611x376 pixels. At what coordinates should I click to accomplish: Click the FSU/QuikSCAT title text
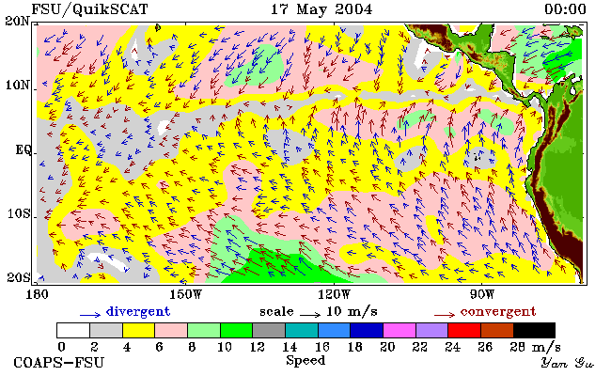click(89, 9)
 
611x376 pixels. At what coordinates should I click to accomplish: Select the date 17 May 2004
click(321, 9)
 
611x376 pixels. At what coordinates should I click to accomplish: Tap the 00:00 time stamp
click(565, 9)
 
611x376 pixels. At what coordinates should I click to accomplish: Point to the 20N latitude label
click(17, 21)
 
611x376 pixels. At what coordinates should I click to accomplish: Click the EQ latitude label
click(23, 149)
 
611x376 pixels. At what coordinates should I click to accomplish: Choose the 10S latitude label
click(19, 213)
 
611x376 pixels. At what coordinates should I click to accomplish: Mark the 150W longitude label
click(186, 294)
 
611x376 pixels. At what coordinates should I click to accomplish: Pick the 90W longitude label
click(482, 294)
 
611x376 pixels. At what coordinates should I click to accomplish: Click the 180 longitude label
click(38, 294)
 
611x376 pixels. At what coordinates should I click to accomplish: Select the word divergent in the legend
click(138, 312)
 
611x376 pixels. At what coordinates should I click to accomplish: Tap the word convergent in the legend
click(498, 312)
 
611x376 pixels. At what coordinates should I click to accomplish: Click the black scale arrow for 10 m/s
click(310, 314)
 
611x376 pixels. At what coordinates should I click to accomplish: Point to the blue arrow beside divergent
click(90, 315)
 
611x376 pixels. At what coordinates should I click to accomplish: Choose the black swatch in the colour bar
click(534, 330)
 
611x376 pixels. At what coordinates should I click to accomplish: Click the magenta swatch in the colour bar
click(399, 330)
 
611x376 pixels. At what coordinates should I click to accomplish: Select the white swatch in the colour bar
click(73, 330)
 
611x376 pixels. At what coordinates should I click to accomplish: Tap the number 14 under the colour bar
click(290, 347)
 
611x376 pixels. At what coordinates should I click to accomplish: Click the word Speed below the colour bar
click(305, 360)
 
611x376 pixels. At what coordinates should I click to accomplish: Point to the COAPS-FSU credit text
click(59, 363)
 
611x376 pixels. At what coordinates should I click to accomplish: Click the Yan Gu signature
click(567, 363)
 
